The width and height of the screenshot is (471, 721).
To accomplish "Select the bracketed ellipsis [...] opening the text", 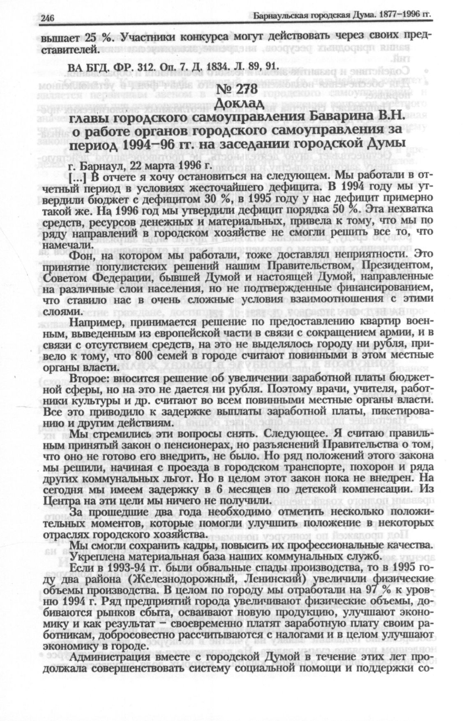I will pyautogui.click(x=78, y=178).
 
